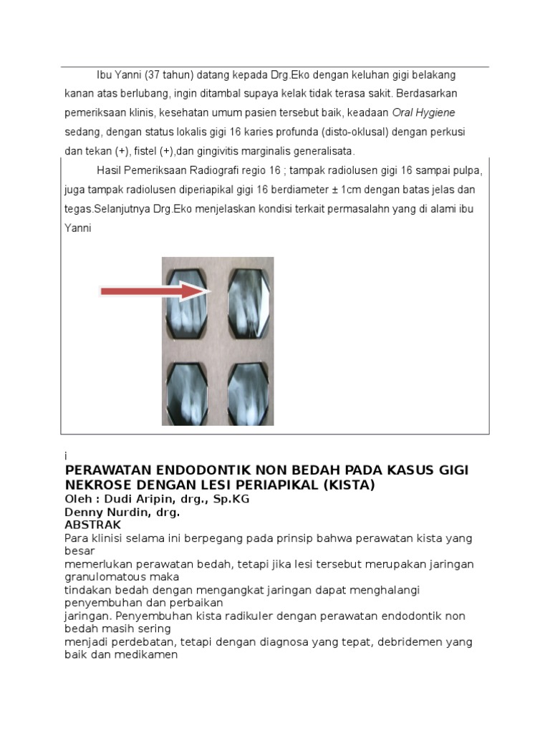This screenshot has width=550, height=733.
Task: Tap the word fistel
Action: (149, 152)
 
